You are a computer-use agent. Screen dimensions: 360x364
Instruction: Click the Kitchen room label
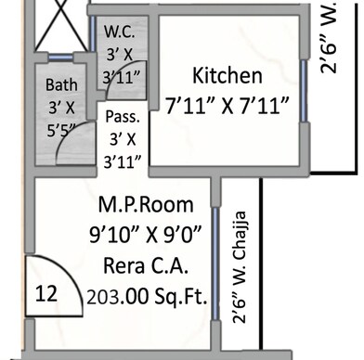(227, 75)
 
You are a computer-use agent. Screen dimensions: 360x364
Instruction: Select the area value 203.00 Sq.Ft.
(146, 298)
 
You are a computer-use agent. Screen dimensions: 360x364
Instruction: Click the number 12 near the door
(45, 294)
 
